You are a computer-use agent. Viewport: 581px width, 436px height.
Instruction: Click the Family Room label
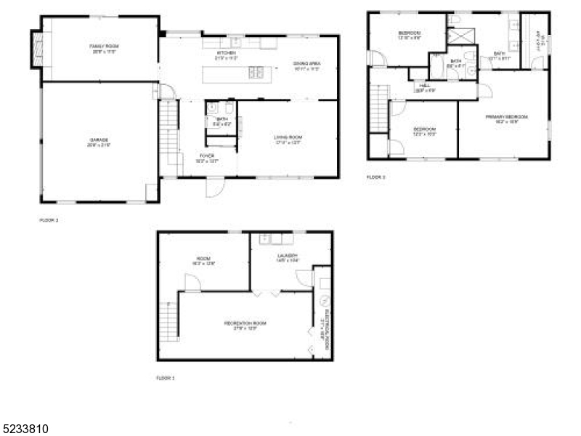click(x=104, y=47)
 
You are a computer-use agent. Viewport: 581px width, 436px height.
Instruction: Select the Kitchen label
click(x=227, y=53)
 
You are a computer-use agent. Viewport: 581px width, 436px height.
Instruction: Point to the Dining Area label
click(x=306, y=64)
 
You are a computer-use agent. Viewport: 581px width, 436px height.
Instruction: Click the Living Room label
click(x=288, y=137)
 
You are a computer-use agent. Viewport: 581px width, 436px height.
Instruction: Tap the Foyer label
click(x=208, y=156)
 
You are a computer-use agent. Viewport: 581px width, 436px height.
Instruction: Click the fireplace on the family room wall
click(x=37, y=49)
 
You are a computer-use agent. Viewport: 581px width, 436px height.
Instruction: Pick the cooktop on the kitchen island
click(x=257, y=71)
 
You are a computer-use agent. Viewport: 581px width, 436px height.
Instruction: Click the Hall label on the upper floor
click(x=426, y=85)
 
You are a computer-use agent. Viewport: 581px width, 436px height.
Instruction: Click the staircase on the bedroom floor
click(x=378, y=108)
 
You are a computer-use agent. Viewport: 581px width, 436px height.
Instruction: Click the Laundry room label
click(x=288, y=256)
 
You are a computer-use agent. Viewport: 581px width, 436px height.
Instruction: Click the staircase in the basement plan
click(x=168, y=320)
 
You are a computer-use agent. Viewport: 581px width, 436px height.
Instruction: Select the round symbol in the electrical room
click(x=323, y=300)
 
